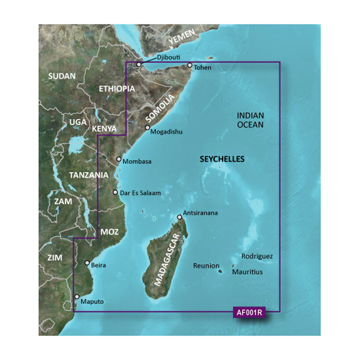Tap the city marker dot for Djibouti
point(139,64)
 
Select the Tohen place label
point(202,68)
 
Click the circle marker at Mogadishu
point(147,128)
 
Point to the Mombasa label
point(137,162)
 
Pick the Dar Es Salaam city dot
point(115,192)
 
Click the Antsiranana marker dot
point(180,217)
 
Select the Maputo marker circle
point(77,297)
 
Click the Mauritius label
point(247,272)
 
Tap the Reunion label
point(206,266)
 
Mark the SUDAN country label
point(62,76)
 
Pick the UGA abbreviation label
point(78,122)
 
